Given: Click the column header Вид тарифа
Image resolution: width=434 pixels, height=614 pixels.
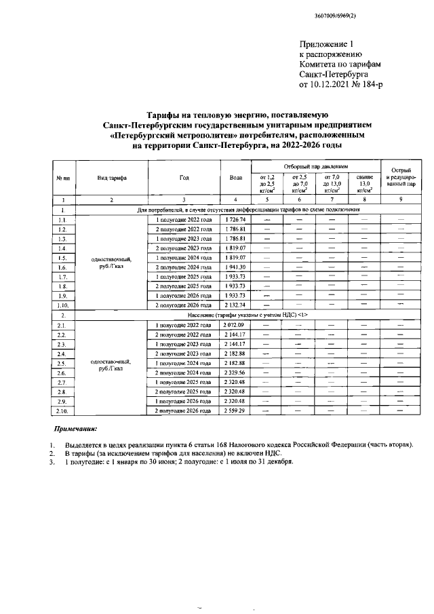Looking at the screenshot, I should click(x=113, y=178).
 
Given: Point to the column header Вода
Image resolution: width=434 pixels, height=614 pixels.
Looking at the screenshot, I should click(x=235, y=178).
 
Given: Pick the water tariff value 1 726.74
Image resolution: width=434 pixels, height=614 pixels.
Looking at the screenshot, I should click(x=235, y=220).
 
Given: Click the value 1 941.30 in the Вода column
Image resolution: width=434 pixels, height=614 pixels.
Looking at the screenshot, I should click(x=235, y=268).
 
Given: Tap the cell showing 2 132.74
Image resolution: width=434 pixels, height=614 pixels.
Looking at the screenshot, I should click(x=235, y=305).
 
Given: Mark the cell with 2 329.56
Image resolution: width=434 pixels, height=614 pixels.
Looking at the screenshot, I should click(x=235, y=373).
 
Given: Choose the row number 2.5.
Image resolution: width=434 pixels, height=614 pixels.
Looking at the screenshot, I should click(x=62, y=364).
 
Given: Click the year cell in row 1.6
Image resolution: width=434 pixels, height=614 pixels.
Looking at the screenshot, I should click(x=184, y=268).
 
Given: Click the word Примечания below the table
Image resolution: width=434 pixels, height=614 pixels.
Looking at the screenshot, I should click(x=75, y=429).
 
